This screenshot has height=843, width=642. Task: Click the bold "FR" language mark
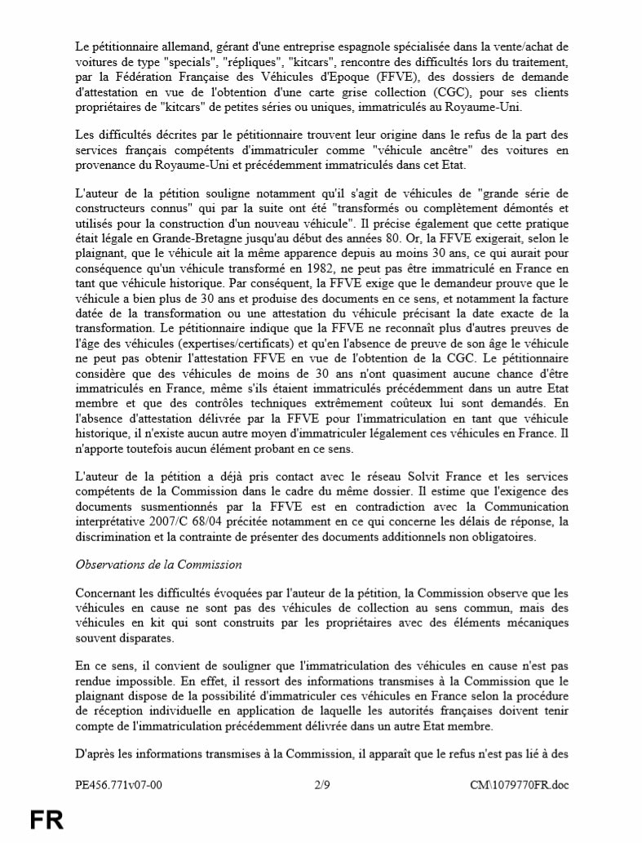pos(46,820)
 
